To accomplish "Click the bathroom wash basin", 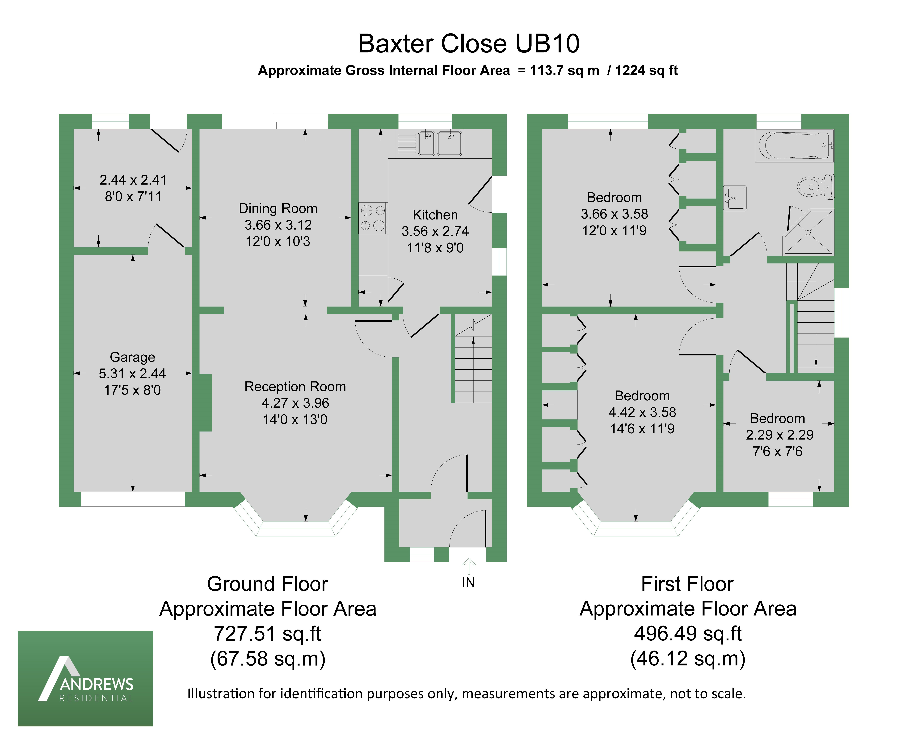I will point(734,198).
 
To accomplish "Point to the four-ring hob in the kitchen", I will point(373,218).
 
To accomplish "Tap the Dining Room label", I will point(278,208).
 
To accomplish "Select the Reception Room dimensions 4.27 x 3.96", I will point(295,403).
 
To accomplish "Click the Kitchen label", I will point(435,215).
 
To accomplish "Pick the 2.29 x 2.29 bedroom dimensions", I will point(779,435).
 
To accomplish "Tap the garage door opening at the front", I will point(133,499).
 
